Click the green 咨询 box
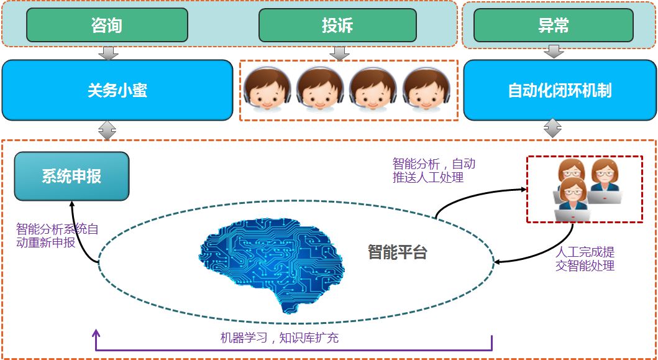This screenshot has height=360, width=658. point(107,25)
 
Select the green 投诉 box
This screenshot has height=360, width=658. point(337,25)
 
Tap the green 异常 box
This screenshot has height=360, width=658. point(553,25)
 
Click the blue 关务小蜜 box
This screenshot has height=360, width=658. point(117,91)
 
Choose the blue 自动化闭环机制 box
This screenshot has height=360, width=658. point(559,91)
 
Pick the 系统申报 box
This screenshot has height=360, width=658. point(71,177)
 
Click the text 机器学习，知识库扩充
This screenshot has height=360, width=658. point(279,338)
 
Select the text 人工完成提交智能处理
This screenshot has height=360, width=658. point(585,259)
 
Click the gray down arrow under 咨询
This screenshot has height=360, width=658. point(108,53)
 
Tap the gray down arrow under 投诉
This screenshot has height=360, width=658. point(338,53)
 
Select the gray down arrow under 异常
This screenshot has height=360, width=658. point(553,53)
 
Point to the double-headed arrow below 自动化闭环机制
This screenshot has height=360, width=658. point(553,129)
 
